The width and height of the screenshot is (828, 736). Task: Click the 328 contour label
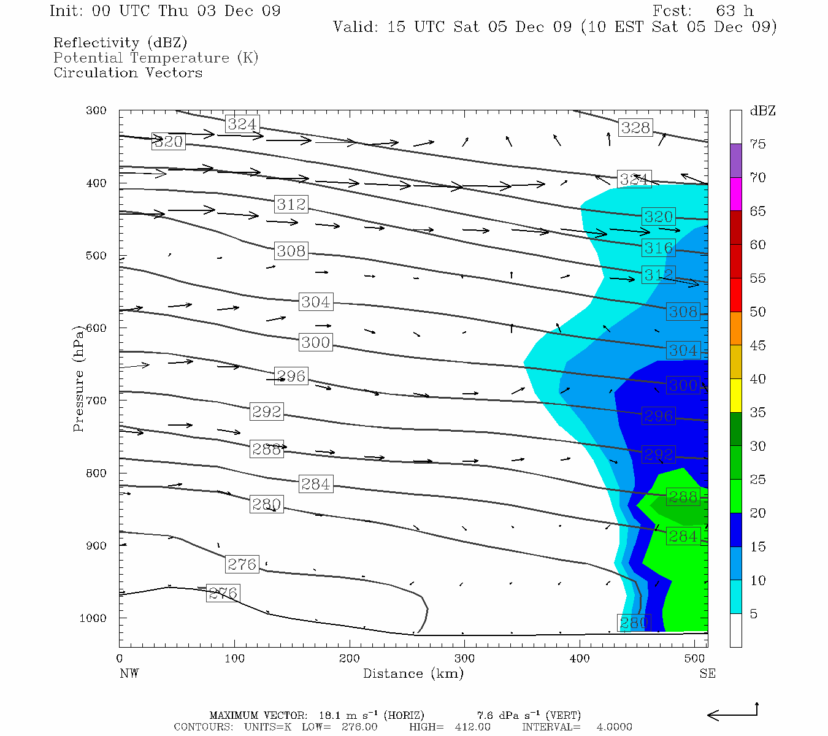pyautogui.click(x=635, y=128)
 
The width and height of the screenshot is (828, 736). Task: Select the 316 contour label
pyautogui.click(x=659, y=248)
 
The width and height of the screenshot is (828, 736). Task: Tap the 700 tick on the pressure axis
pyautogui.click(x=96, y=401)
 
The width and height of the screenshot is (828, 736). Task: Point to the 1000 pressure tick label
pyautogui.click(x=93, y=618)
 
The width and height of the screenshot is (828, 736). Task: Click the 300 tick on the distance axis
pyautogui.click(x=464, y=659)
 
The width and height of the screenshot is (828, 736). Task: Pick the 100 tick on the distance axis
pyautogui.click(x=234, y=659)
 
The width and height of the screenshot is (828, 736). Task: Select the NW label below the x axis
pyautogui.click(x=129, y=673)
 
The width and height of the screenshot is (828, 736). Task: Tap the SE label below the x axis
pyautogui.click(x=707, y=673)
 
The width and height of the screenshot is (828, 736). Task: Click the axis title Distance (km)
pyautogui.click(x=413, y=673)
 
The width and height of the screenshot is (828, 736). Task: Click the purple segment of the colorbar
pyautogui.click(x=735, y=161)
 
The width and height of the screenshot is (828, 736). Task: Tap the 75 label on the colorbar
pyautogui.click(x=757, y=144)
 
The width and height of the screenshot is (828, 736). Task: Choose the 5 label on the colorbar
pyautogui.click(x=754, y=614)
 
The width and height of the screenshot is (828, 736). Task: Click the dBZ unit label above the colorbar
pyautogui.click(x=762, y=111)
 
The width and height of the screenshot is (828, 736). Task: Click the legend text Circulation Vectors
pyautogui.click(x=128, y=72)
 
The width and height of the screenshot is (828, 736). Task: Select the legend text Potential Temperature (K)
pyautogui.click(x=156, y=58)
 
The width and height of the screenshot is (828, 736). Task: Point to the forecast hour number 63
pyautogui.click(x=725, y=11)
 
